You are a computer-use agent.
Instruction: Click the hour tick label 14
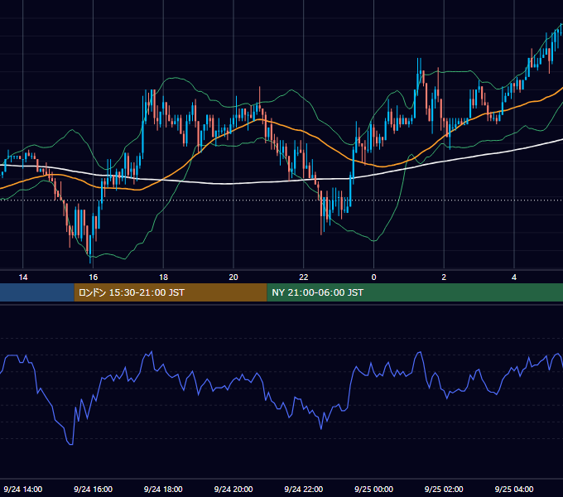coord(23,277)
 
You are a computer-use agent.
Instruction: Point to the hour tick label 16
coord(94,277)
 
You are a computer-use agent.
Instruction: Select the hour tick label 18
coord(163,277)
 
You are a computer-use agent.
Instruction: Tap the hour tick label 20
coord(233,277)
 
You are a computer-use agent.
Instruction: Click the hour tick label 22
coord(304,277)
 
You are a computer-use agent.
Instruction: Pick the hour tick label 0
coord(373,277)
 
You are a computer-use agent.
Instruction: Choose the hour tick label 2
coord(444,277)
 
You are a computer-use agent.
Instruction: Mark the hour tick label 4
coord(514,277)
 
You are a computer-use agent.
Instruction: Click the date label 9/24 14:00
coord(23,489)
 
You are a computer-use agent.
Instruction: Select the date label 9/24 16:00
coord(94,489)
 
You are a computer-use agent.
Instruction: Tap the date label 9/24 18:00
coord(163,489)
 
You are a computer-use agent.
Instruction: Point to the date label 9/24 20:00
coord(233,489)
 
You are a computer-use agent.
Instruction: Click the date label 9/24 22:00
coord(304,489)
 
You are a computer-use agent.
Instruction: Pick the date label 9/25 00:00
coord(373,489)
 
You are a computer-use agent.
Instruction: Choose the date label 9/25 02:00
coord(444,489)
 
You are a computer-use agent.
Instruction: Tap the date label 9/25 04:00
coord(514,489)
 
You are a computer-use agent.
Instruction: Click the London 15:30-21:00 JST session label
coord(132,292)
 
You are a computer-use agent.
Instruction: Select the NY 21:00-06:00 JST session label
coord(317,292)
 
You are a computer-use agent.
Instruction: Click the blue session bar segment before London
coord(37,292)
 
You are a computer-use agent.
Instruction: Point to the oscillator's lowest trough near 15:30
coord(70,444)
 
